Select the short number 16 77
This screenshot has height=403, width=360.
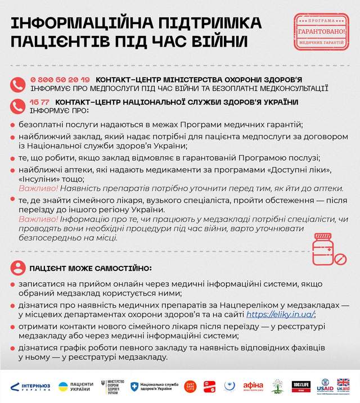(40, 101)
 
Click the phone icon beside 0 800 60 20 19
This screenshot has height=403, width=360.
(17, 84)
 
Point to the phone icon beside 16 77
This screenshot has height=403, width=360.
(17, 105)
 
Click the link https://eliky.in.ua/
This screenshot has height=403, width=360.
(280, 314)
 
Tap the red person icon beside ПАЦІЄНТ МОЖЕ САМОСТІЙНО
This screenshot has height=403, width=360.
(17, 267)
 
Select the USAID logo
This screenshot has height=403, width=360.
(325, 386)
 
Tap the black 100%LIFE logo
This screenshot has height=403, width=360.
(301, 386)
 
